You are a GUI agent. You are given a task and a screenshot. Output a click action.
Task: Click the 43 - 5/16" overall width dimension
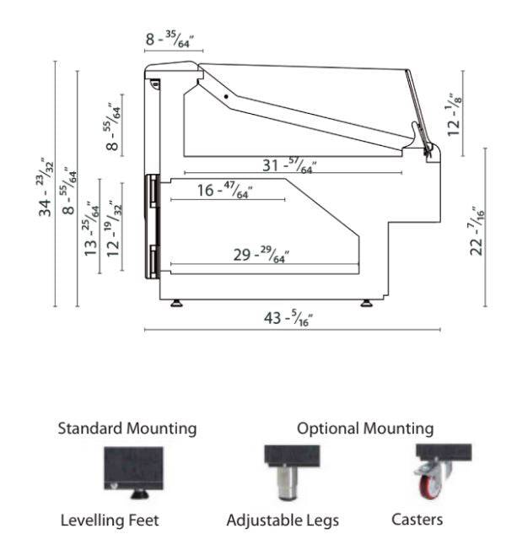coord(290,318)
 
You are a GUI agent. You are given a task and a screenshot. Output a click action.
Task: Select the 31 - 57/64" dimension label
coord(288,165)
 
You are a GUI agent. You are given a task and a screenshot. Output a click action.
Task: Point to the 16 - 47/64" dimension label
coord(225,191)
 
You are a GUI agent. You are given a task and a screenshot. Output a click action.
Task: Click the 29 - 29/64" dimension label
coord(261,254)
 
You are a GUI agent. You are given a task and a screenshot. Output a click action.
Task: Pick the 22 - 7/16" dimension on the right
coord(478,230)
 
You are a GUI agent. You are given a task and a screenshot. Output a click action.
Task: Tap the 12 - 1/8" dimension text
coord(456,114)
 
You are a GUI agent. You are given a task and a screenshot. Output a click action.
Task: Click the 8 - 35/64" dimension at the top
coord(174,38)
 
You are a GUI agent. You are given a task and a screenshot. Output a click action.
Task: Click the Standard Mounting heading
coord(127,429)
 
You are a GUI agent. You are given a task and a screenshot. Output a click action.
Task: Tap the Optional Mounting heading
coord(365,429)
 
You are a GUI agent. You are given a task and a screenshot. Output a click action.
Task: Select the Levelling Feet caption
coord(110,520)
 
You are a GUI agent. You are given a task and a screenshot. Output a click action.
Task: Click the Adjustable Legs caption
coord(283,520)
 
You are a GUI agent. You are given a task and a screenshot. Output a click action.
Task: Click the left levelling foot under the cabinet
coord(176,302)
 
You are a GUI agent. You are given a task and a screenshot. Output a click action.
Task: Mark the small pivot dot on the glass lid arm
coord(226,98)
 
